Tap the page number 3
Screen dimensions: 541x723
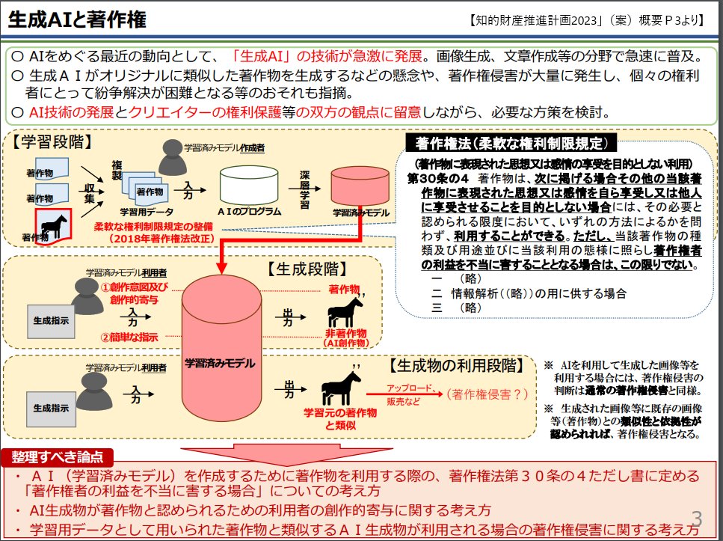pyautogui.click(x=698, y=519)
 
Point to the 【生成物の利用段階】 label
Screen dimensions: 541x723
pyautogui.click(x=455, y=366)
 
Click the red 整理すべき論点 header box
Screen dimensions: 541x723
pyautogui.click(x=58, y=456)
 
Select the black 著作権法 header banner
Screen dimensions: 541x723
pyautogui.click(x=511, y=143)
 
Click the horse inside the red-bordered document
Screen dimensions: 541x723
pyautogui.click(x=54, y=224)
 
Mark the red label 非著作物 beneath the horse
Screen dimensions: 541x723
pyautogui.click(x=345, y=332)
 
